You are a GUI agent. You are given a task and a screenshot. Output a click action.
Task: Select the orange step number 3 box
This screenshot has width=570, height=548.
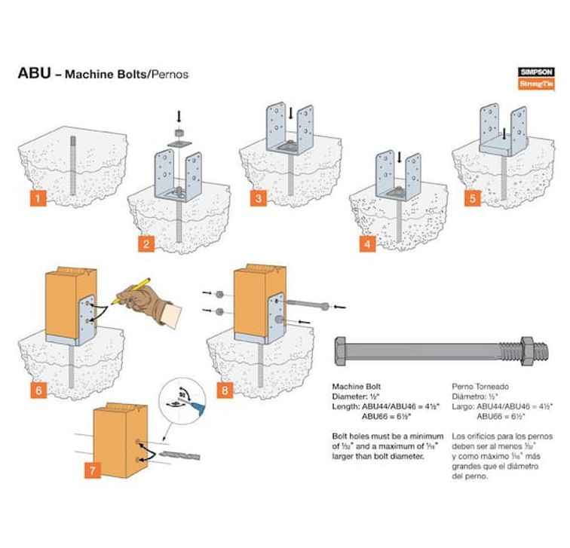pos(259,199)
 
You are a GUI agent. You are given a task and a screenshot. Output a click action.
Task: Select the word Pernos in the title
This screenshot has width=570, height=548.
pos(168,75)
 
